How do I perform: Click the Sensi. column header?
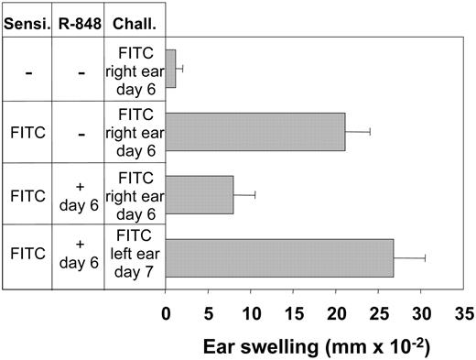pyautogui.click(x=26, y=18)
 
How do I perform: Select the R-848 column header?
pyautogui.click(x=78, y=18)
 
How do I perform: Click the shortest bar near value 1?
pyautogui.click(x=170, y=69)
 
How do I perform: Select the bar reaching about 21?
pyautogui.click(x=255, y=132)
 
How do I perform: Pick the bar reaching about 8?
pyautogui.click(x=200, y=195)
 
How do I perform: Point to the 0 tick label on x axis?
pyautogui.click(x=166, y=311)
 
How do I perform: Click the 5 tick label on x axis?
pyautogui.click(x=209, y=311)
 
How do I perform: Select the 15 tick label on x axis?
pyautogui.click(x=294, y=311)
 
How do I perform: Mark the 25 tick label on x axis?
pyautogui.click(x=379, y=311)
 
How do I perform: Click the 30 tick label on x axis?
pyautogui.click(x=421, y=311)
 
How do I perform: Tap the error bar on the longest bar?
pyautogui.click(x=410, y=258)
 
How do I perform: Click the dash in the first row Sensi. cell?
pyautogui.click(x=26, y=70)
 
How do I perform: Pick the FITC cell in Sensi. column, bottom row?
pyautogui.click(x=26, y=258)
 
